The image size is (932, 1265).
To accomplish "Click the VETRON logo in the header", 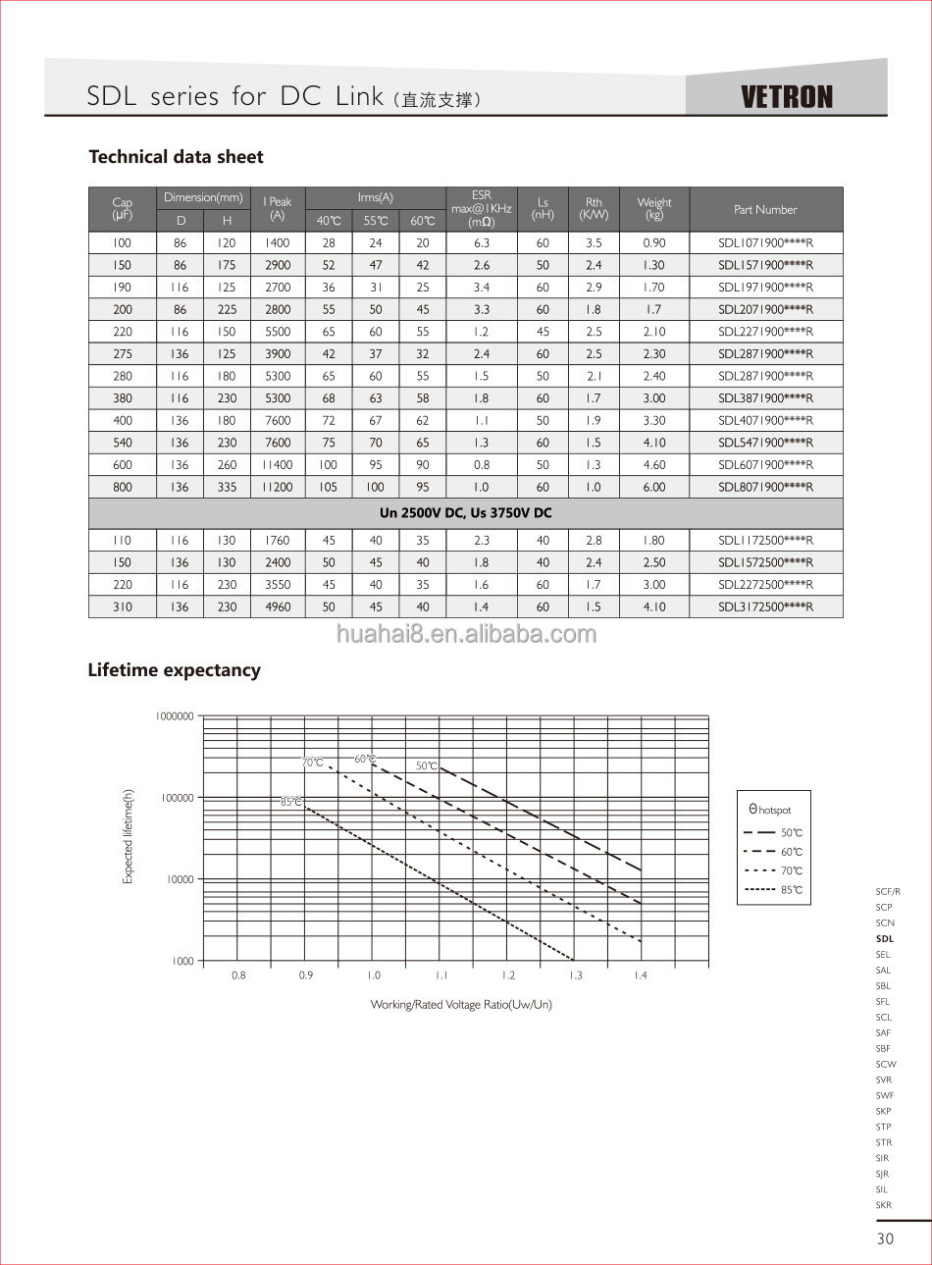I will (786, 97).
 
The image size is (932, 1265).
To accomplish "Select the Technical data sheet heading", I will (177, 157).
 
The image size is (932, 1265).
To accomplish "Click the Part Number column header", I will (765, 210).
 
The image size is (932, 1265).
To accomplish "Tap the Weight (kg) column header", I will (654, 209).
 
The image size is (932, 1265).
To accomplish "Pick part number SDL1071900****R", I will (765, 243).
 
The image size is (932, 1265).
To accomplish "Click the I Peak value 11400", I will (278, 465).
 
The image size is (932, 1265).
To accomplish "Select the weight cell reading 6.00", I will (654, 488).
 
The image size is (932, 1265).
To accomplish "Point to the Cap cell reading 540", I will (123, 444).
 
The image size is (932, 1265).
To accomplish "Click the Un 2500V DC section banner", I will (465, 513).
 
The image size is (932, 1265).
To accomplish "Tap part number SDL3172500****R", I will (765, 607).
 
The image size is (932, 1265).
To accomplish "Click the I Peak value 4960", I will (278, 607).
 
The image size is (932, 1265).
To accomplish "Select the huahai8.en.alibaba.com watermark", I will (466, 634).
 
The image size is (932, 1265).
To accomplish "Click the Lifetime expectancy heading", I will (175, 670).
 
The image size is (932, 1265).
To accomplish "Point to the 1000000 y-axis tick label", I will (175, 716).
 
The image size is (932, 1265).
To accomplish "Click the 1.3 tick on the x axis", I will (575, 975).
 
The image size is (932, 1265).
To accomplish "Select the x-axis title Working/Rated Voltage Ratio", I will (461, 1005).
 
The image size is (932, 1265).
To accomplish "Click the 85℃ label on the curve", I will (291, 803).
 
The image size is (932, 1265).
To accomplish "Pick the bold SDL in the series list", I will (885, 939).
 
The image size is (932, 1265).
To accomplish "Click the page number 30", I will (885, 1239).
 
